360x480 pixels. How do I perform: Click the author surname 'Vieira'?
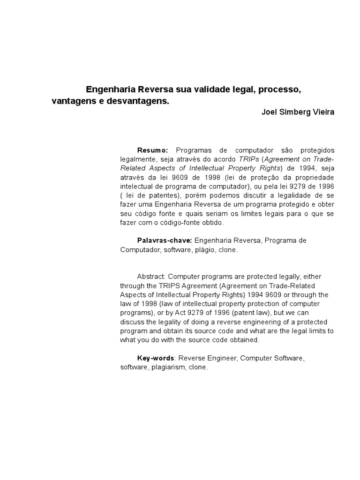pyautogui.click(x=323, y=113)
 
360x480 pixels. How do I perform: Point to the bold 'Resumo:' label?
pyautogui.click(x=152, y=150)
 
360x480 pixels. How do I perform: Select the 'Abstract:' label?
pyautogui.click(x=151, y=277)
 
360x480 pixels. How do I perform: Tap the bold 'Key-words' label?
pyautogui.click(x=156, y=359)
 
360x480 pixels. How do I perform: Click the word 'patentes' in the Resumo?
pyautogui.click(x=165, y=195)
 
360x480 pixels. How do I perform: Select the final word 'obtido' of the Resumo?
pyautogui.click(x=207, y=223)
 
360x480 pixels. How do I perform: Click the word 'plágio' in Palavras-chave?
pyautogui.click(x=204, y=250)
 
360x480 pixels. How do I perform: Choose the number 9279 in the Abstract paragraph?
pyautogui.click(x=185, y=313)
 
